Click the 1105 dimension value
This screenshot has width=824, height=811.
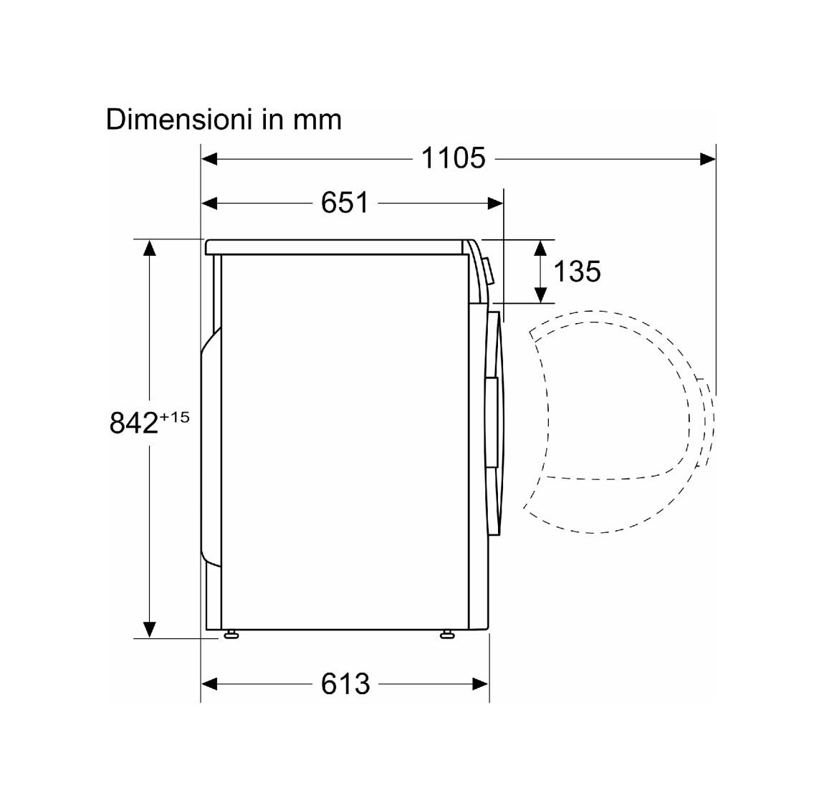(454, 158)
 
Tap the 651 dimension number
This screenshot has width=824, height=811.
(345, 202)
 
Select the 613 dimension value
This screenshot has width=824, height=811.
(345, 683)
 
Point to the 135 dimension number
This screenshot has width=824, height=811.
(577, 272)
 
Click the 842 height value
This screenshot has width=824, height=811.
(133, 423)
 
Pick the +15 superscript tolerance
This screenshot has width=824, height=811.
(174, 417)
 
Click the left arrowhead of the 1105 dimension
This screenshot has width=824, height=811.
(209, 158)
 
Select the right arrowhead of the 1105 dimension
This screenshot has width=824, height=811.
(707, 158)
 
